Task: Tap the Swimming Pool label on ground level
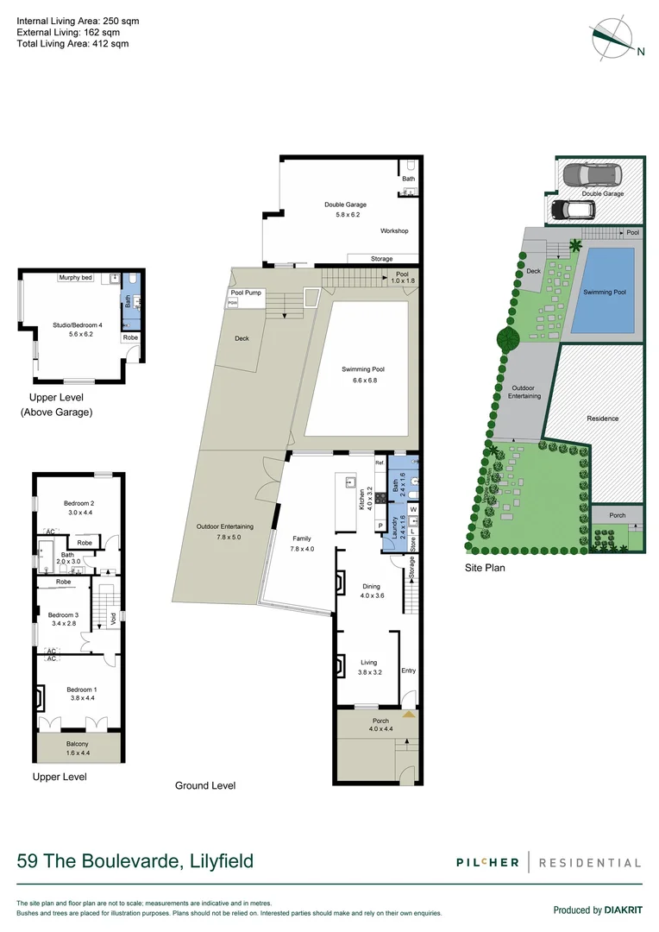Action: [363, 369]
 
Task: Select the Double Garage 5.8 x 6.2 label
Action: [345, 210]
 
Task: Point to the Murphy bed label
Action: [76, 278]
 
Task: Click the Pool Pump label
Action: [246, 293]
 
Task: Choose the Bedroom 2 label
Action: [78, 503]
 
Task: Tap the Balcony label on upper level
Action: [78, 744]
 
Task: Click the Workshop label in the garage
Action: [394, 231]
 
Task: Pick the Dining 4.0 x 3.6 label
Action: [371, 590]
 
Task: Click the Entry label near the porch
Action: [408, 671]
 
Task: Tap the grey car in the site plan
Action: [591, 176]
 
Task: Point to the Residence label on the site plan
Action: [603, 419]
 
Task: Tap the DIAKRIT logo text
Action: [618, 910]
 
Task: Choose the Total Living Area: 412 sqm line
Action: [72, 43]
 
